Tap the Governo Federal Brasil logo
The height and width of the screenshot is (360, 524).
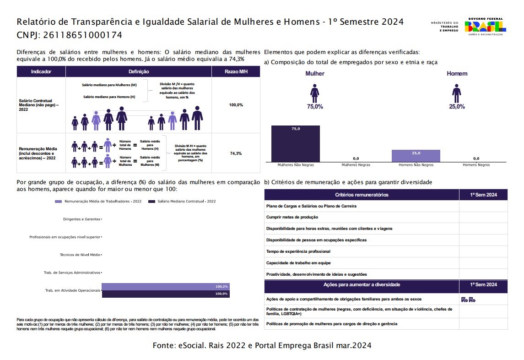click(485, 27)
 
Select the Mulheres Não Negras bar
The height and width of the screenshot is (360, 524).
click(295, 143)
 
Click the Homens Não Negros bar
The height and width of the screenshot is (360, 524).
click(416, 156)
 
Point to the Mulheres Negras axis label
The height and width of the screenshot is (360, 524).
click(356, 165)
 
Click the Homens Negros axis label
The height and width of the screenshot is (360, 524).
click(476, 165)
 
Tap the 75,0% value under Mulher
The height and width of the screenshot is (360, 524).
click(315, 107)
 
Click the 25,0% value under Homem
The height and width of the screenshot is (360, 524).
click(456, 107)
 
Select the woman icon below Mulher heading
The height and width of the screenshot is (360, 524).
click(314, 93)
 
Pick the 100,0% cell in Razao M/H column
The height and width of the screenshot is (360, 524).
click(236, 105)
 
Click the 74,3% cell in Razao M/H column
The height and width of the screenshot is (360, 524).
click(236, 153)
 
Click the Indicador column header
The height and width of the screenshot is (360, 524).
click(41, 72)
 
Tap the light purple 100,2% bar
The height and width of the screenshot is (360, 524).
click(165, 287)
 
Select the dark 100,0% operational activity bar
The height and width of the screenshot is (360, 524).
click(165, 294)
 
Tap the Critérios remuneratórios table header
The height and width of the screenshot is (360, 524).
click(362, 195)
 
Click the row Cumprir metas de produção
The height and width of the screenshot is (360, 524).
click(292, 217)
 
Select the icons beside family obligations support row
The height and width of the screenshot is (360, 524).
click(468, 300)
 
